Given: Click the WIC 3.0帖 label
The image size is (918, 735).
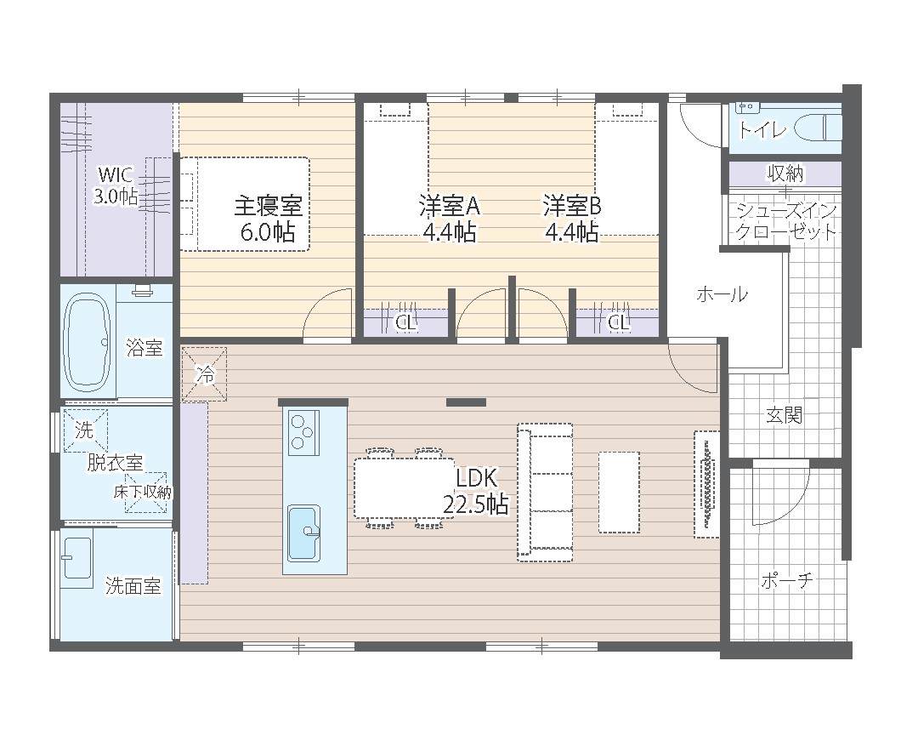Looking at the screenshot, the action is pos(116,185).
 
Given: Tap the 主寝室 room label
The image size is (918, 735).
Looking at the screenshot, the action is pos(268,206).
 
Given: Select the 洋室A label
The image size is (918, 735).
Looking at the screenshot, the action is pos(450,206).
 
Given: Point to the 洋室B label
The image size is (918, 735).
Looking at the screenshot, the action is pos(572,206).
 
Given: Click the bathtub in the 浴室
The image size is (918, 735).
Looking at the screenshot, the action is pos(88,342).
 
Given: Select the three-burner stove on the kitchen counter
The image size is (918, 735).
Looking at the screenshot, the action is pos(303,432).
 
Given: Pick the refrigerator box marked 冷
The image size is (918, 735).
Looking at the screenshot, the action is pos(204,374).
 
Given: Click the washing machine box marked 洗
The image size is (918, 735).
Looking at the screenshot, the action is pos(86,430).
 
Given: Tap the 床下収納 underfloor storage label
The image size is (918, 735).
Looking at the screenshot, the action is pos(142,492).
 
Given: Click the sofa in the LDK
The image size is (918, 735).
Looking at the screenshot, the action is pos(545,493).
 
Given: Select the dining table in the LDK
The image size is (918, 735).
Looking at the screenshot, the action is pos(404,488).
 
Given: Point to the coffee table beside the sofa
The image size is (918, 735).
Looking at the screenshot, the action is pos(619,492).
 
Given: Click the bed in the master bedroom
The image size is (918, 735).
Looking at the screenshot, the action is pos(245,204).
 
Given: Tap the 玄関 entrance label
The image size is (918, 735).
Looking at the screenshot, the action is pos(784,415).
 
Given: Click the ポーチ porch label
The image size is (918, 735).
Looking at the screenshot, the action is pos(787,580).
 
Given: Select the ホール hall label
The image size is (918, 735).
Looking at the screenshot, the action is pos(722,294).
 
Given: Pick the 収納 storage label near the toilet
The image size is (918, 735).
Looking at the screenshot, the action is pos(785,174).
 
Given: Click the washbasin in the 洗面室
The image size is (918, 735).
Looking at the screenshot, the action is pos(77,558).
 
